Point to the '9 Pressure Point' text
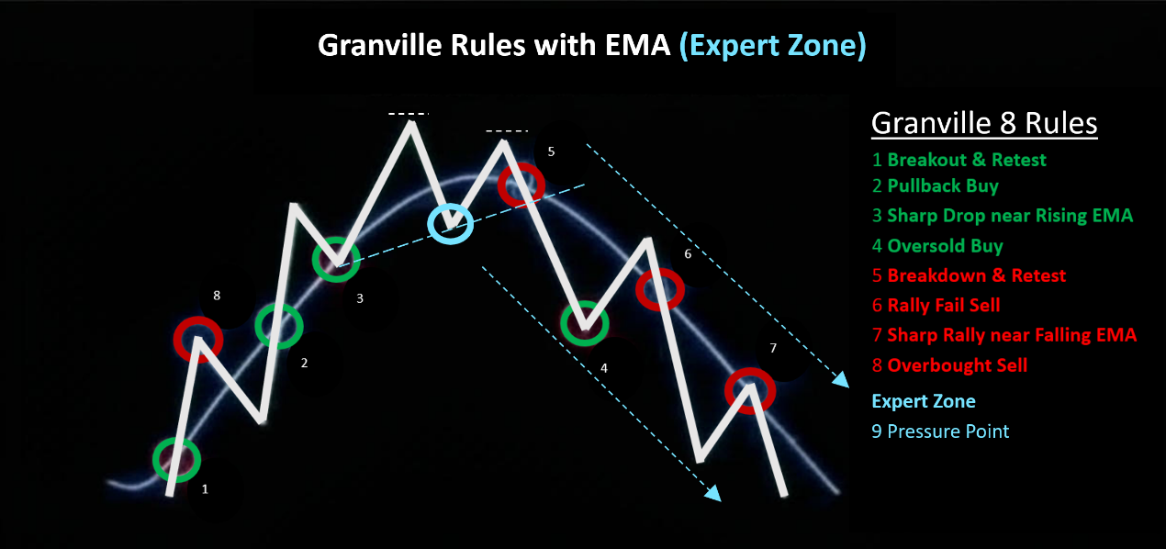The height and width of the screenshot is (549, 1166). click(x=940, y=431)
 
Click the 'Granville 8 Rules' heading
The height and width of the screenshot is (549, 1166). click(x=984, y=123)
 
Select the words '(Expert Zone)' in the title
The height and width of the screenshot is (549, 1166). click(x=772, y=46)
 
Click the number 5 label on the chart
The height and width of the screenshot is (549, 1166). click(x=551, y=151)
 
